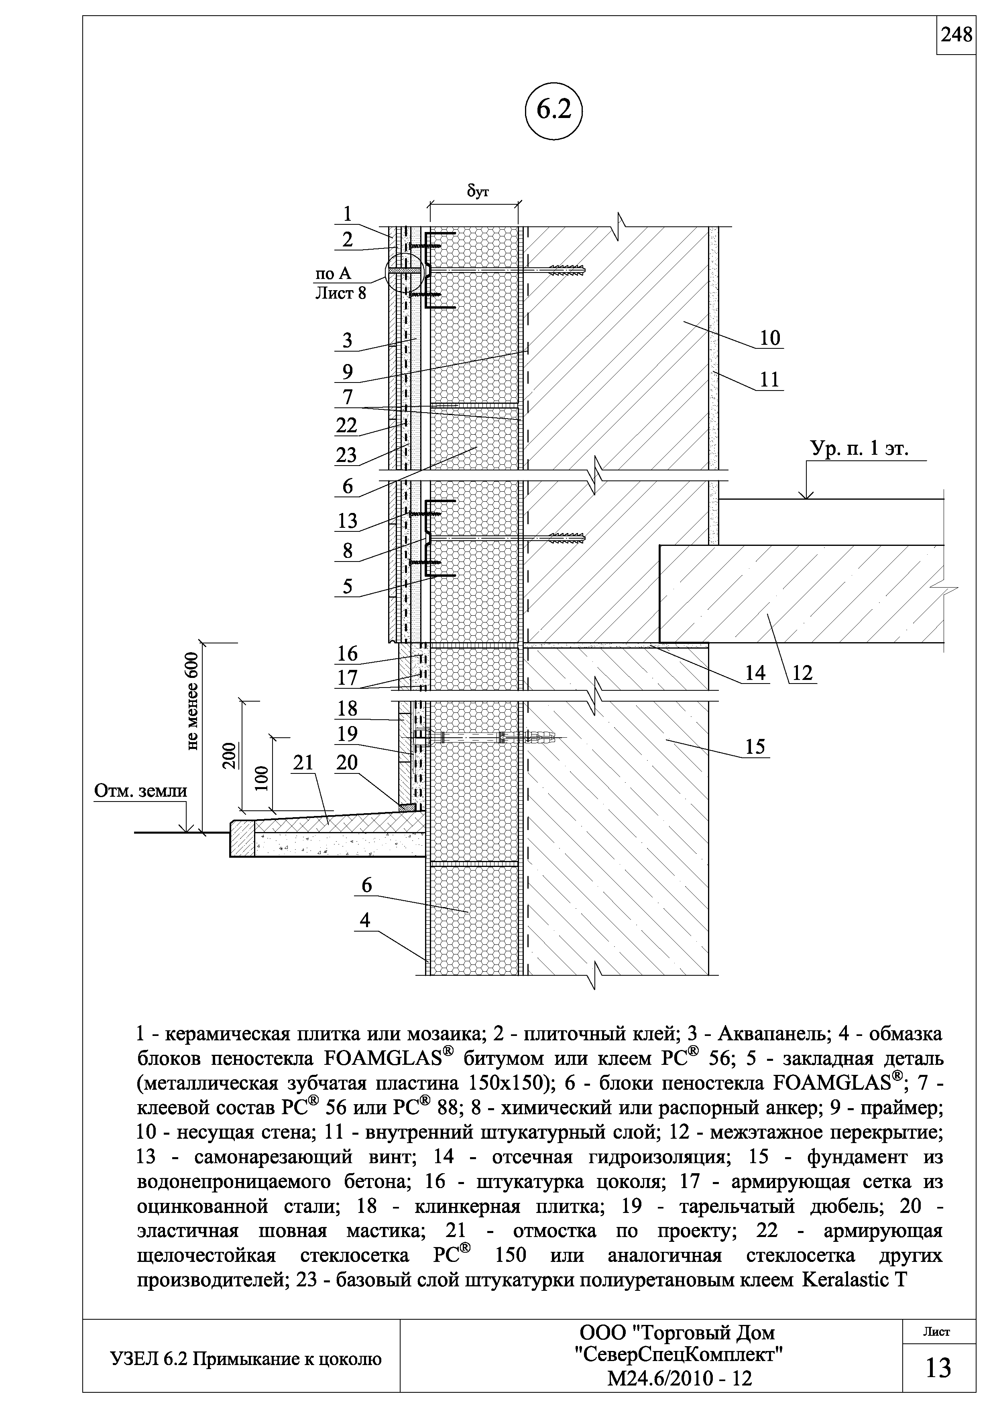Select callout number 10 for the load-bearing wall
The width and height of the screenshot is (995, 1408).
pyautogui.click(x=770, y=338)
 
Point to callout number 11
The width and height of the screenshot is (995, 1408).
pyautogui.click(x=769, y=380)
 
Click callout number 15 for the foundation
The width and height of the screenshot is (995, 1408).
pyautogui.click(x=755, y=747)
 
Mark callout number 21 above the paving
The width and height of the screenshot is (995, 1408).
pyautogui.click(x=303, y=762)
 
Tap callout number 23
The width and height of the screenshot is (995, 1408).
pyautogui.click(x=346, y=455)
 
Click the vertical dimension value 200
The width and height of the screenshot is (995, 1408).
pyautogui.click(x=228, y=755)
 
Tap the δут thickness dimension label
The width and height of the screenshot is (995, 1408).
pyautogui.click(x=478, y=192)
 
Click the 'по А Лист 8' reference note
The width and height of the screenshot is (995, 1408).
pyautogui.click(x=341, y=284)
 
